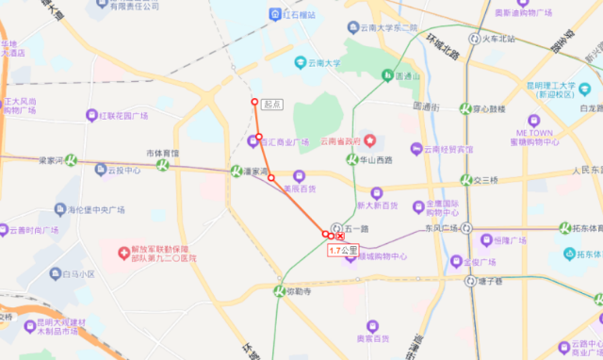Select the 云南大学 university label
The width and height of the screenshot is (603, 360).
click(320, 63)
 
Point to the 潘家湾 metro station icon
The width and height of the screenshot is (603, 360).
click(236, 171)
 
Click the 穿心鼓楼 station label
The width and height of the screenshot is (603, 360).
click(492, 108)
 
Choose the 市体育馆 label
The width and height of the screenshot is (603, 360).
click(162, 153)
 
